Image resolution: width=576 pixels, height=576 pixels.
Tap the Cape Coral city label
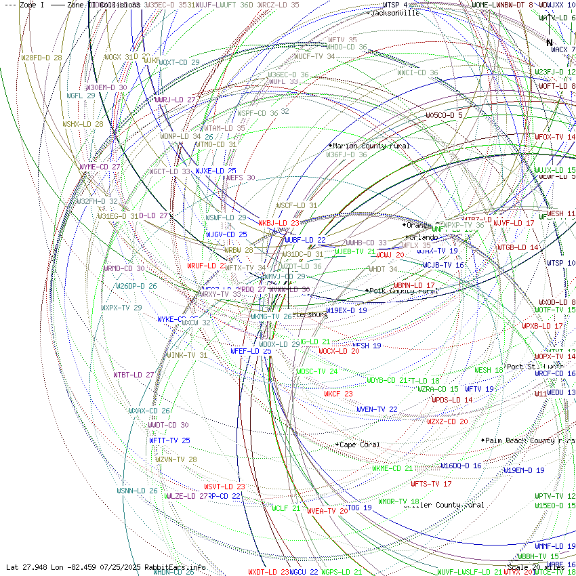360,445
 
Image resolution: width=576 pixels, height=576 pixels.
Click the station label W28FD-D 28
41,58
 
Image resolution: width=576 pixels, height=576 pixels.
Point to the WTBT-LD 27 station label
133,374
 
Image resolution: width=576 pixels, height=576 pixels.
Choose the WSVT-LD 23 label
224,487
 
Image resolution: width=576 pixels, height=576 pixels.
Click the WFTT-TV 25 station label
169,440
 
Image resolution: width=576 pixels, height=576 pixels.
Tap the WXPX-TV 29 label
121,308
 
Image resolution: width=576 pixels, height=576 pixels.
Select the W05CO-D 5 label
444,115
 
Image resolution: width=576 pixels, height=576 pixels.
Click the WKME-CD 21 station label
392,468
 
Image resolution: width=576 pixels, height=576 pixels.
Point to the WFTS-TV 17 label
431,484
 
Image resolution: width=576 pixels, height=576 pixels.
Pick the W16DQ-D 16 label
461,466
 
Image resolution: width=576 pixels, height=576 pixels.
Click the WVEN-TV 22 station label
377,409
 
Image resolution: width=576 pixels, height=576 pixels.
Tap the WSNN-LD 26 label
137,491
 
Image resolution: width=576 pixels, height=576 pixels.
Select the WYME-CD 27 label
100,167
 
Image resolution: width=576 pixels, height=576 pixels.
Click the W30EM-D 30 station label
106,87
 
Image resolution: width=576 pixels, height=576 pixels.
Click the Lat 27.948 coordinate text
27,567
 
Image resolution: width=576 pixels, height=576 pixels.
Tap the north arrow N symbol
550,43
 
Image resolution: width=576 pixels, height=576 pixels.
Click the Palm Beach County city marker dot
483,440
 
